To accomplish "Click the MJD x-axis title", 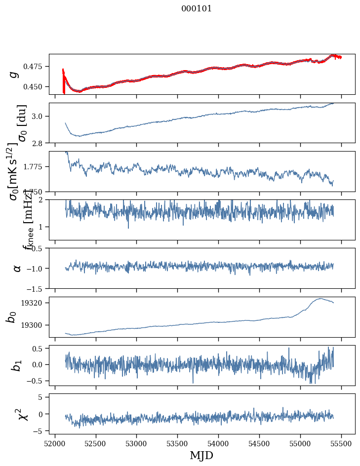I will (201, 456).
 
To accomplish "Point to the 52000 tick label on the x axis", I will (55, 444).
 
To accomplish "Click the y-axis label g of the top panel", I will (14, 74).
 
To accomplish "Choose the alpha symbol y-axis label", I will (17, 268).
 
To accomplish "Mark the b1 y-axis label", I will (16, 365).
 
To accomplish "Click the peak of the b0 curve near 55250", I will (321, 298).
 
